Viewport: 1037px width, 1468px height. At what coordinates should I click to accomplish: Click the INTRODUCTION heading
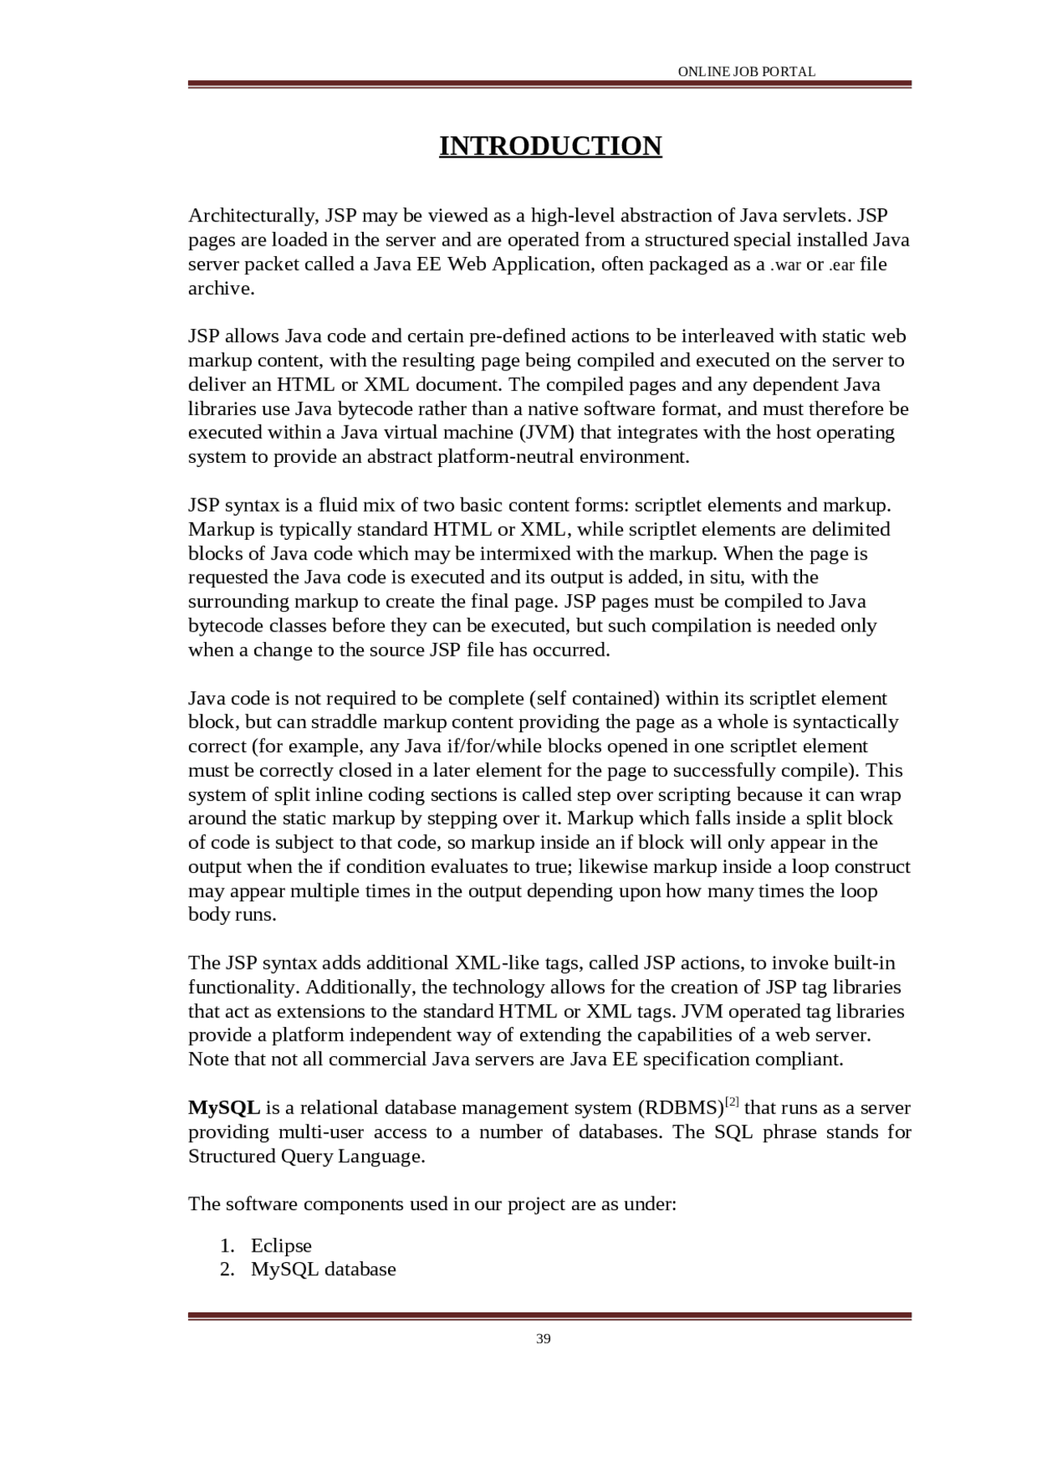(550, 146)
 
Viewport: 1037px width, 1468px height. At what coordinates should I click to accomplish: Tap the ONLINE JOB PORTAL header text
(746, 71)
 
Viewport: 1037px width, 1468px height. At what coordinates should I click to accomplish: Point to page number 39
(544, 1338)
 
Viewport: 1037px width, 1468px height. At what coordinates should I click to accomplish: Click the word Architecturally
(254, 216)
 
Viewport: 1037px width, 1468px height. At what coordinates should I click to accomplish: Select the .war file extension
(785, 265)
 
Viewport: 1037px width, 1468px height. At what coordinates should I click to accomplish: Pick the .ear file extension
(842, 265)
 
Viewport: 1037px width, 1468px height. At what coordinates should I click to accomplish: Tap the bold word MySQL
(224, 1107)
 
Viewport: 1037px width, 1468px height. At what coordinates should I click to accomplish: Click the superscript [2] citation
(732, 1102)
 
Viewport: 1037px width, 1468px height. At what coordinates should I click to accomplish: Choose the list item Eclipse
(281, 1245)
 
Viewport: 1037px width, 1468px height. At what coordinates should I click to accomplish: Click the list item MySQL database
(323, 1269)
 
